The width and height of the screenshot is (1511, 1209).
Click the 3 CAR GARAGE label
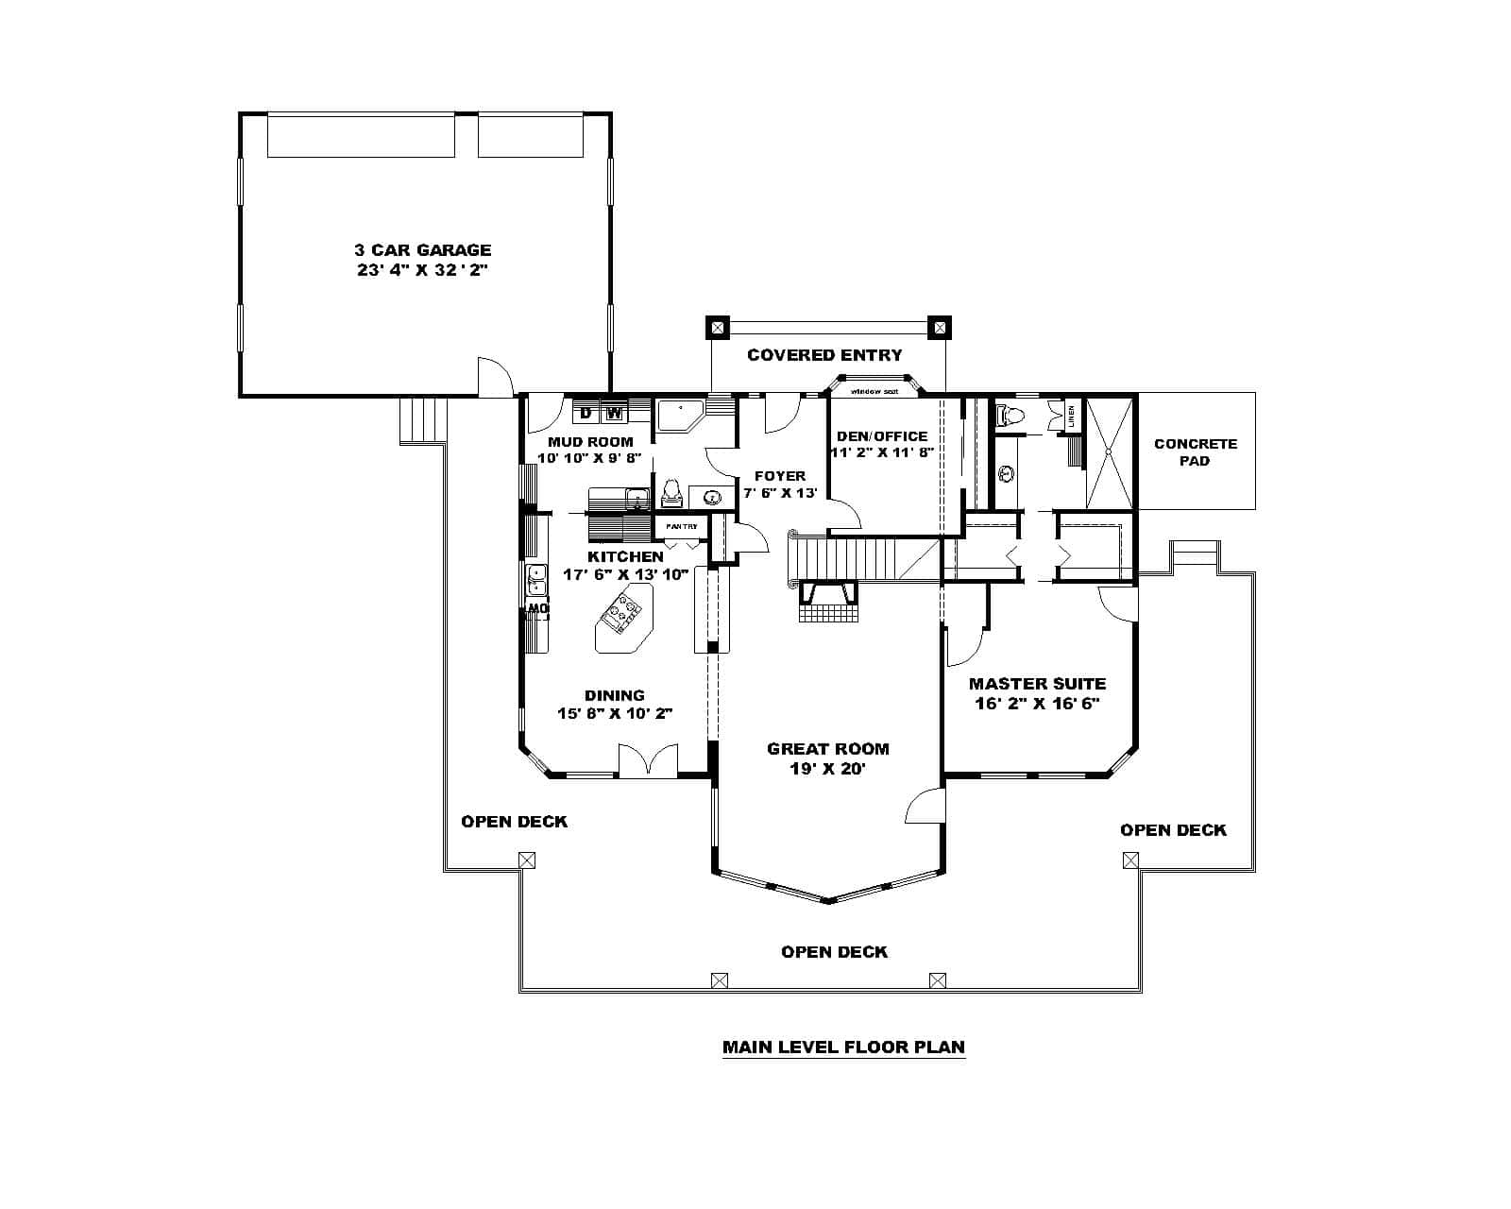pos(422,250)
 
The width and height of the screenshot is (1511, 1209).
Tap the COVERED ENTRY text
pos(824,355)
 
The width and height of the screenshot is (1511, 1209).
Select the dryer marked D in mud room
pos(586,413)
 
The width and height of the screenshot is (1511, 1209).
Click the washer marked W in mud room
pos(614,413)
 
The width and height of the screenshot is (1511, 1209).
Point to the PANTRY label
pos(681,526)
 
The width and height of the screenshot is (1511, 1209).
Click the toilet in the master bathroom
pos(1012,413)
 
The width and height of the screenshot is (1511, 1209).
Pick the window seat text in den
pos(873,391)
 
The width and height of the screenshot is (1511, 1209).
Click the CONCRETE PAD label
pos(1195,451)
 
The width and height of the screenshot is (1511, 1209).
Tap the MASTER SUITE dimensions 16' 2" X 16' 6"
pos(1037,704)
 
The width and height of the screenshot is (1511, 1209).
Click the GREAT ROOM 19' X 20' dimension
pos(827,769)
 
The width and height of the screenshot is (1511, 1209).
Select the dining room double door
pos(648,760)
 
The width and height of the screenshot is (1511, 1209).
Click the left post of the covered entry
pos(718,328)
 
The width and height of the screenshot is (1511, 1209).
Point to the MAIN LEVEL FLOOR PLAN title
pos(843,1047)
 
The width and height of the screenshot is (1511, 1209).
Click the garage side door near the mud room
pos(495,378)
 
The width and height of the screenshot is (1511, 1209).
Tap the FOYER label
pos(779,476)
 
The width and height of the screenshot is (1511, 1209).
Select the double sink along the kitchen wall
pos(535,579)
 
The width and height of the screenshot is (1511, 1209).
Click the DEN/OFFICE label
pos(882,436)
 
